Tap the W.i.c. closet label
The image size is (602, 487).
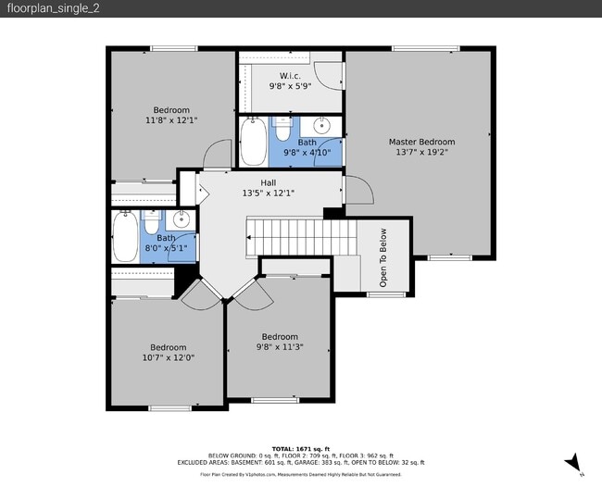pyautogui.click(x=289, y=75)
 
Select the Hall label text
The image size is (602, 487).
pyautogui.click(x=268, y=182)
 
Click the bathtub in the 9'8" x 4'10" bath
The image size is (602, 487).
pyautogui.click(x=253, y=141)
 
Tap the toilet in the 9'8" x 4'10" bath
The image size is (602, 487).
pyautogui.click(x=283, y=127)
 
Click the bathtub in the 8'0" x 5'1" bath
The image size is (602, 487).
pyautogui.click(x=125, y=237)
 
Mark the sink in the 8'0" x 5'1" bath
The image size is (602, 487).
pyautogui.click(x=182, y=219)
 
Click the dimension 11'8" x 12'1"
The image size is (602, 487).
pyautogui.click(x=171, y=120)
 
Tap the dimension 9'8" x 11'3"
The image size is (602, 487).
pyautogui.click(x=280, y=347)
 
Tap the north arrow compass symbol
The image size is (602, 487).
pyautogui.click(x=574, y=460)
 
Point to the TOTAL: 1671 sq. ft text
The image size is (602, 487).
pyautogui.click(x=301, y=448)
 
